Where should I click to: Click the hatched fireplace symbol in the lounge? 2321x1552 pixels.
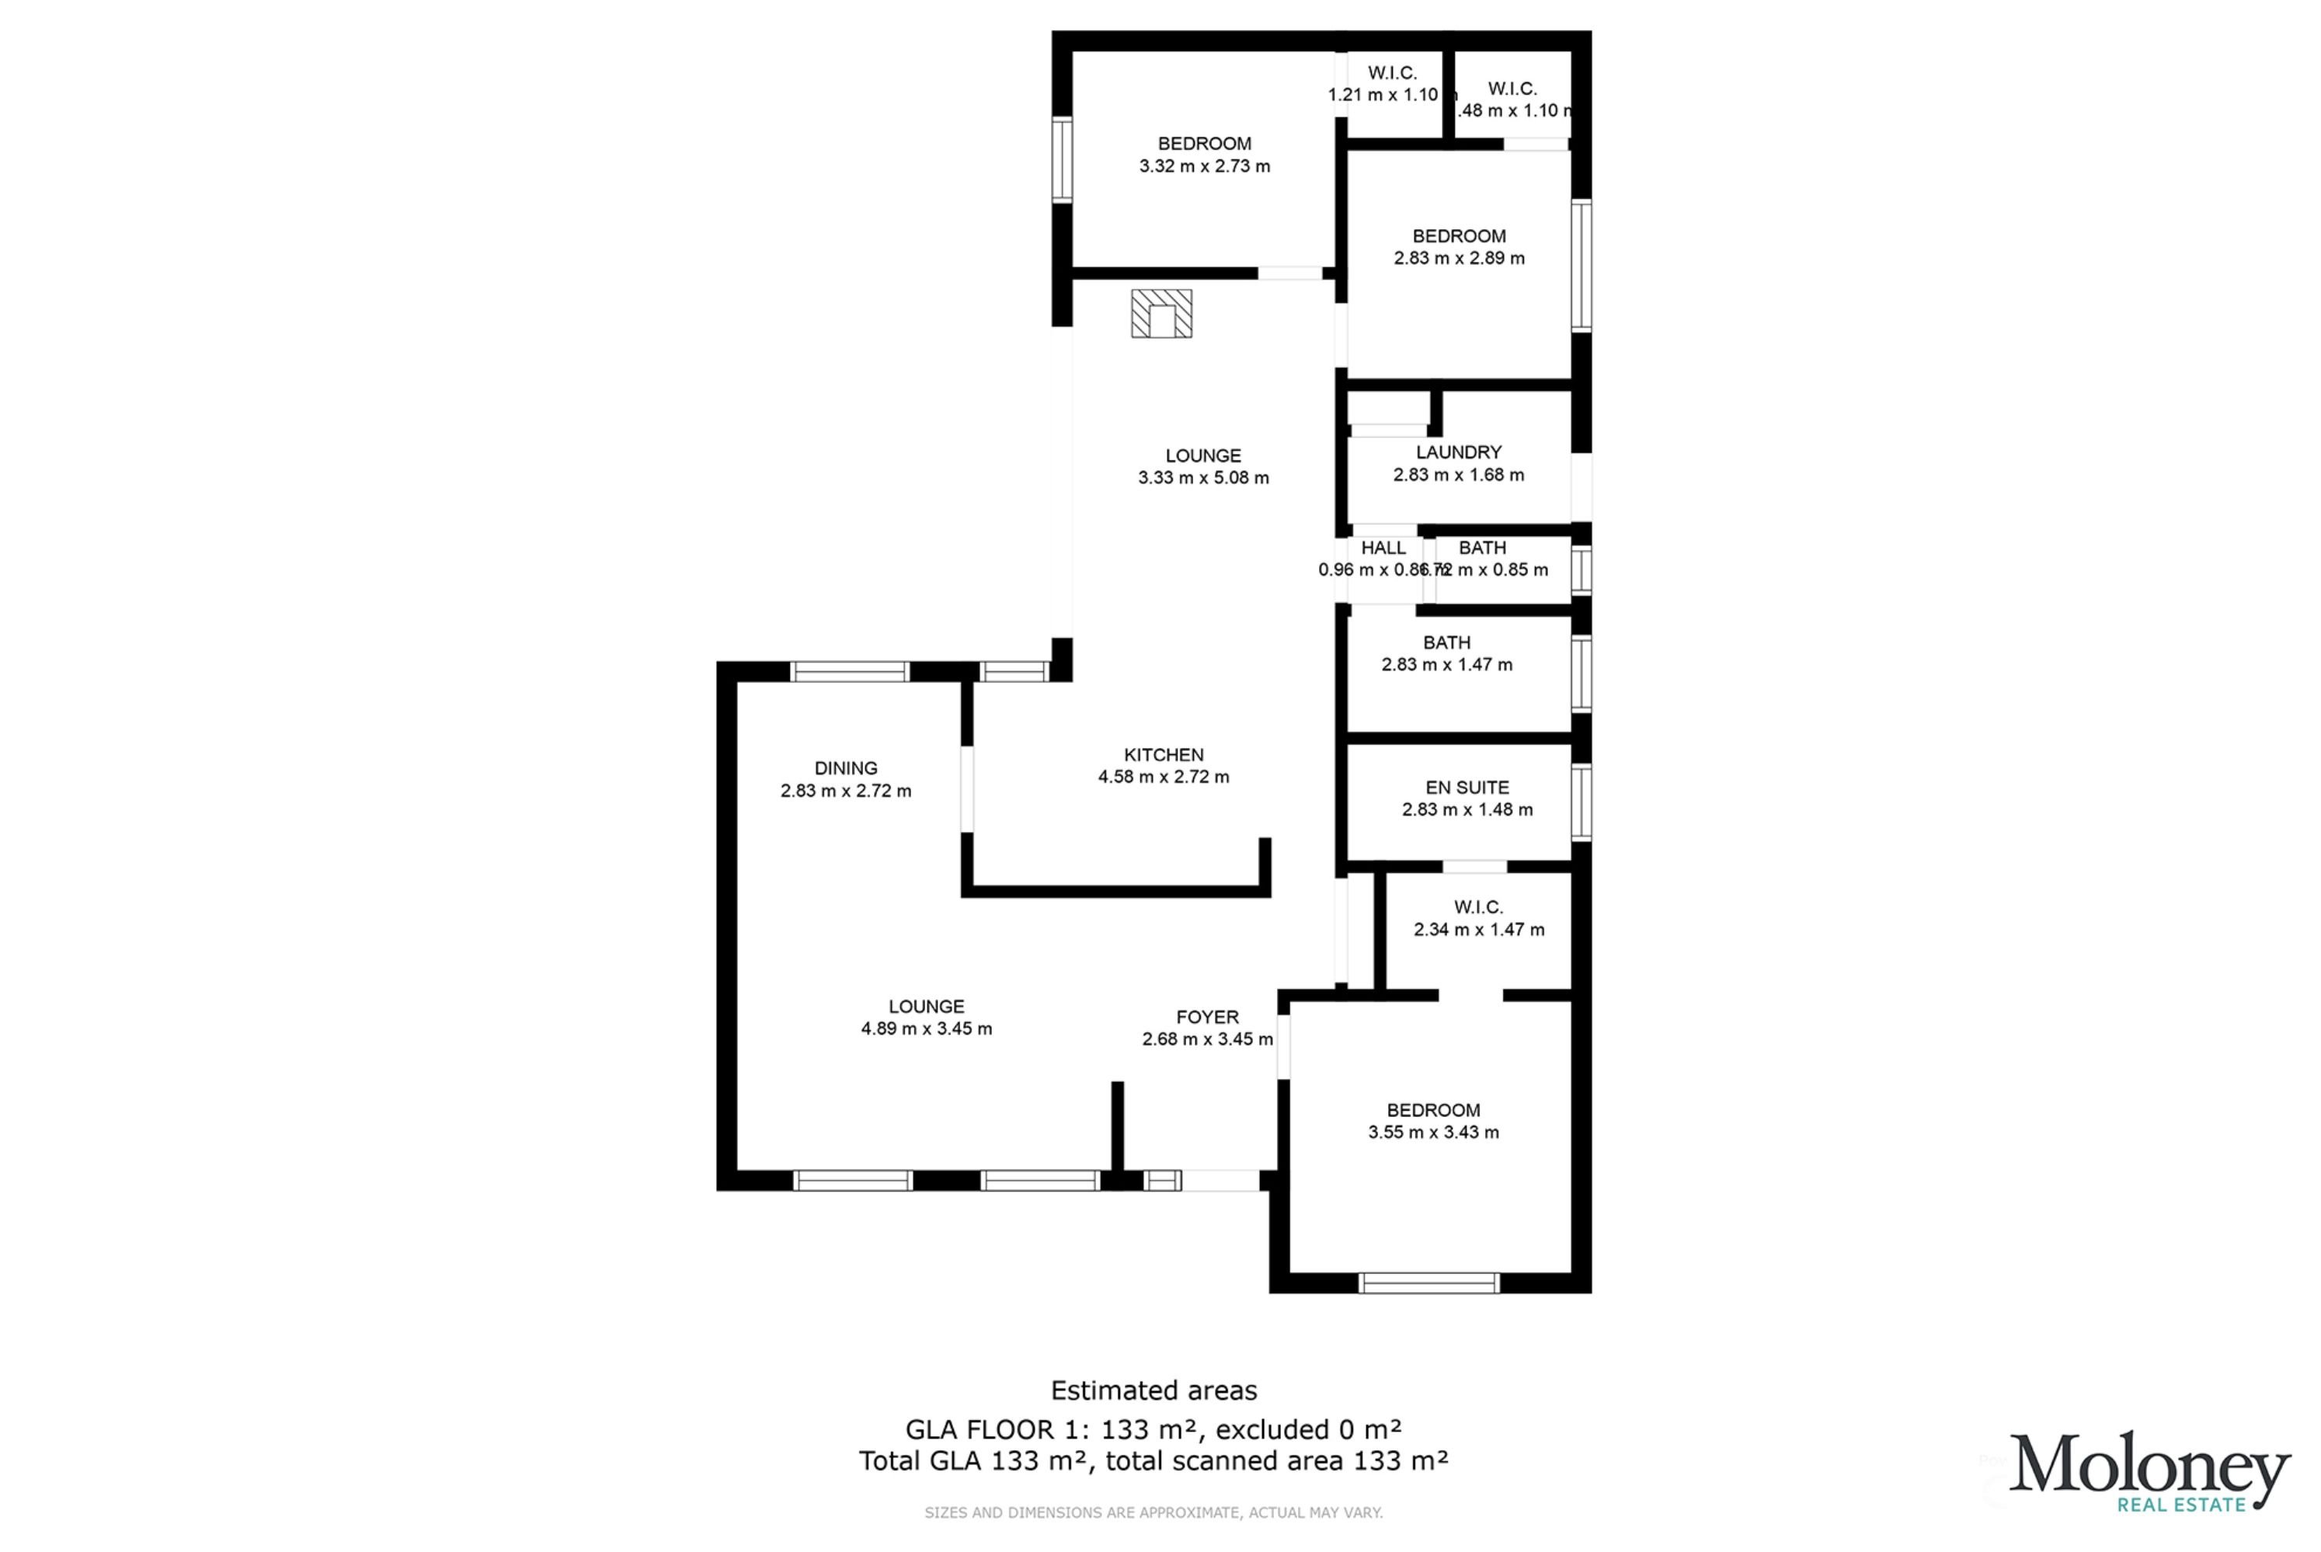pos(1161,314)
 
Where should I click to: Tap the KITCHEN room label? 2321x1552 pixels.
pos(1163,755)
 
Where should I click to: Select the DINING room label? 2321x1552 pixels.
pos(845,768)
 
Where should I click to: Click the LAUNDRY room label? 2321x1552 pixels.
pos(1458,452)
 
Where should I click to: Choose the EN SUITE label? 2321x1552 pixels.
pos(1467,788)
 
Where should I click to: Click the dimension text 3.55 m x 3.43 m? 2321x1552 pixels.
pos(1433,1133)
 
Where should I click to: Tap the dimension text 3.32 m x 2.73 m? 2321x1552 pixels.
pos(1205,166)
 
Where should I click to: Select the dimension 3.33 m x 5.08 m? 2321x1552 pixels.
pos(1202,478)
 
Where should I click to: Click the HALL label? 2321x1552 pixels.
pos(1383,548)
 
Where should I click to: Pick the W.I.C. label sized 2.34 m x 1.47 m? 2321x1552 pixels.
pos(1477,907)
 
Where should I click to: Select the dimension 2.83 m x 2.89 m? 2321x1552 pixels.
pos(1459,259)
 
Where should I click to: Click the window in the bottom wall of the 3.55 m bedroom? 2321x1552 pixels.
pos(1428,1284)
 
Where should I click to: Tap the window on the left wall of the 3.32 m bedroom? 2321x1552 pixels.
pos(1062,159)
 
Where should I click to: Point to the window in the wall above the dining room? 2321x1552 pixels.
pos(849,672)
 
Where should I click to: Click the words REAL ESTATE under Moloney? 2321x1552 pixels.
pos(2181,1505)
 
